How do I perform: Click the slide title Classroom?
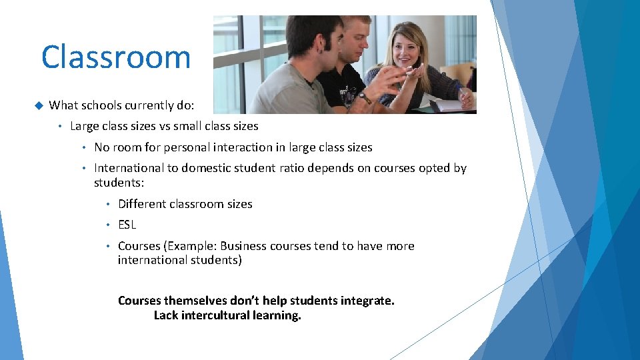(x=115, y=57)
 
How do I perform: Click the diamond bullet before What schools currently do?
(x=37, y=105)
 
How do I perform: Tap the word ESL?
(x=127, y=225)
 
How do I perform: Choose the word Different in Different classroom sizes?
(x=141, y=204)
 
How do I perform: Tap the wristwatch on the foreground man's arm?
(x=365, y=98)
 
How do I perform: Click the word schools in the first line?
(x=103, y=105)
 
